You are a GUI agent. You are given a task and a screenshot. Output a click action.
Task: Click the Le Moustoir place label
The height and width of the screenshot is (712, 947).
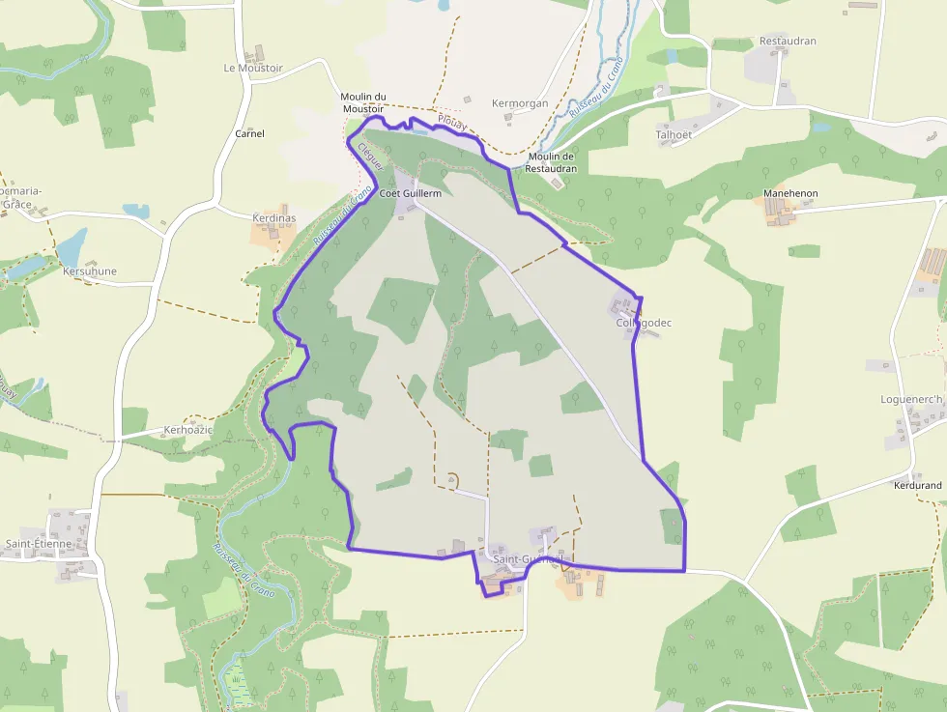pos(252,69)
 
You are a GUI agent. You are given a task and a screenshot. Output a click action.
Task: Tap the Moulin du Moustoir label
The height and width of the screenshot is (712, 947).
pos(363,102)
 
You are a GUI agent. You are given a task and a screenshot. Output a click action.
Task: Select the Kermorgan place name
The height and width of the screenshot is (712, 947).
pos(520,103)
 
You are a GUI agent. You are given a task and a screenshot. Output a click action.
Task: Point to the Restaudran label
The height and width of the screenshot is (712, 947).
pos(788,42)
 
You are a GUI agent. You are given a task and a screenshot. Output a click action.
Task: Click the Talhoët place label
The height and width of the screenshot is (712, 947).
pos(674,135)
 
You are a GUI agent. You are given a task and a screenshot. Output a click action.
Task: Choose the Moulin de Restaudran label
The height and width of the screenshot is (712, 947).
pos(551,162)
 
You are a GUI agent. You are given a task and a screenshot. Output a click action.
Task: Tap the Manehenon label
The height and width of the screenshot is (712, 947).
pos(790,194)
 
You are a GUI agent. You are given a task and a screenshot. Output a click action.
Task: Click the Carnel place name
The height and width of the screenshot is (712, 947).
pos(250,133)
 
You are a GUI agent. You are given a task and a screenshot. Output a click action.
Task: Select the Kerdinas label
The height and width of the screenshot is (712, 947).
pos(273,218)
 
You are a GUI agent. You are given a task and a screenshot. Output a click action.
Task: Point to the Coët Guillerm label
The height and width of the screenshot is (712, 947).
pos(411,194)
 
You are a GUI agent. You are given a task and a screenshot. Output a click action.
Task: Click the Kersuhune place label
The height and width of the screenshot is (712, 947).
pos(90,271)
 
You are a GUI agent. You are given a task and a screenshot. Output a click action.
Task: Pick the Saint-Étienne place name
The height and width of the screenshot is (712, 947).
pos(39,544)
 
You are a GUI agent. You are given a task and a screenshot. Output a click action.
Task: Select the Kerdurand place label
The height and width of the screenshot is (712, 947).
pos(918,485)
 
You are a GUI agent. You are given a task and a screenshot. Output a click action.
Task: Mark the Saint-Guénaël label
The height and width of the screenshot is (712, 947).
pos(528,559)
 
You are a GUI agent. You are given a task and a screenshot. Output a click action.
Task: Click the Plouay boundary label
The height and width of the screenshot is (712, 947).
pos(451,123)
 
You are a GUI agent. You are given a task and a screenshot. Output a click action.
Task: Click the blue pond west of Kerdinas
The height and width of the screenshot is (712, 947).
pos(135,211)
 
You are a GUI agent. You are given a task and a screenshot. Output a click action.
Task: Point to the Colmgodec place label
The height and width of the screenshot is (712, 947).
pos(643,323)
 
